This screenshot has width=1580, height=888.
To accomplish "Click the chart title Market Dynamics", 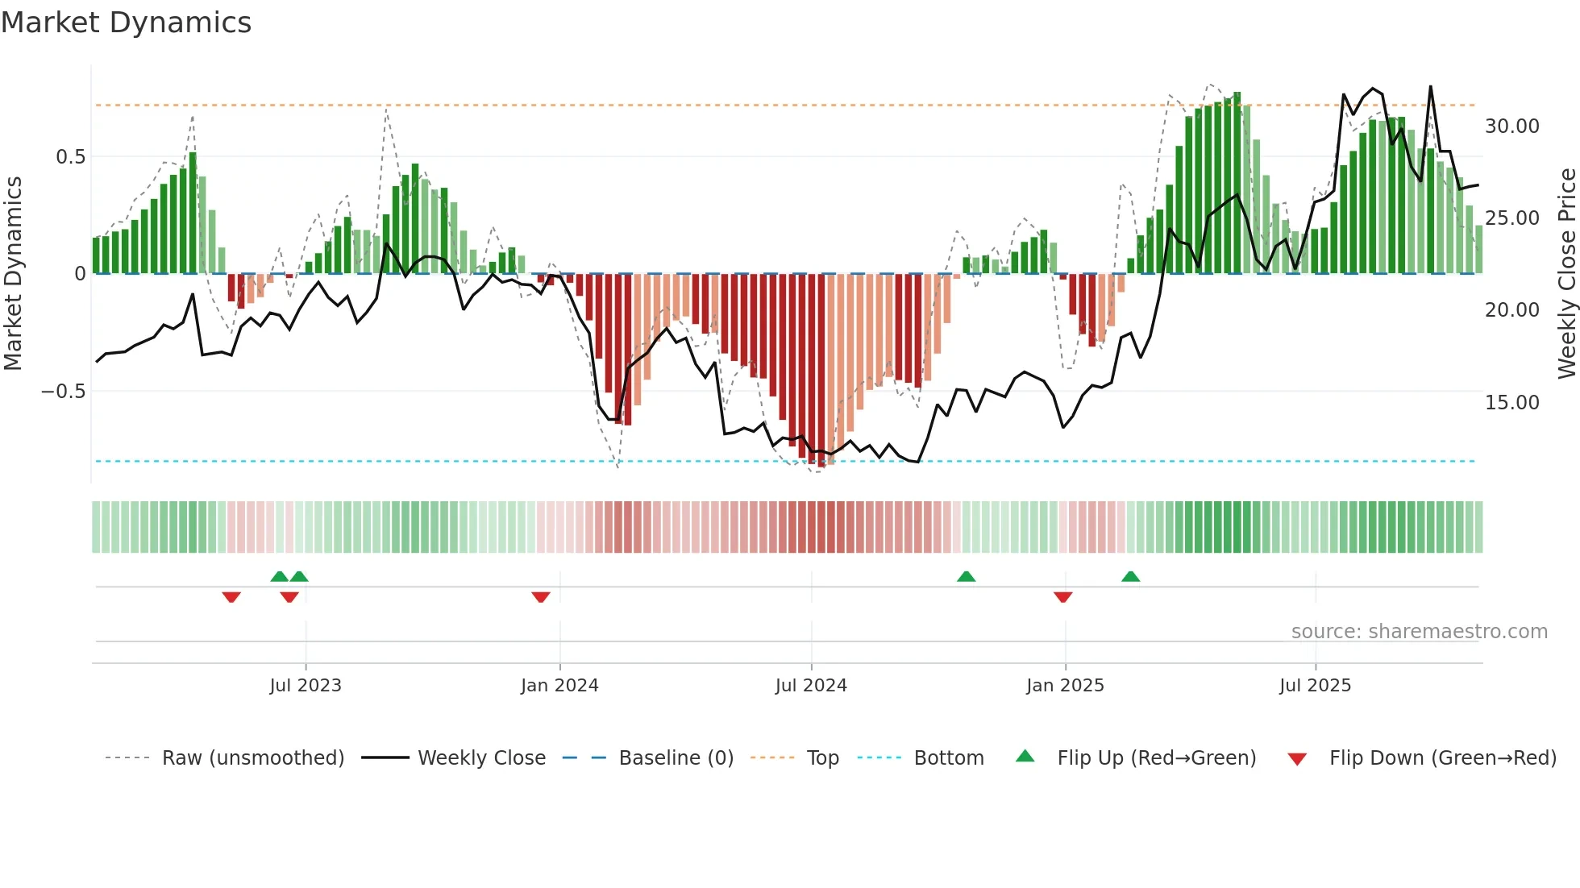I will tap(127, 23).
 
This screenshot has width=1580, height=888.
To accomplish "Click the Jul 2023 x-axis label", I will tap(306, 686).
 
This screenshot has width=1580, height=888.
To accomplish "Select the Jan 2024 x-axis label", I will tap(559, 686).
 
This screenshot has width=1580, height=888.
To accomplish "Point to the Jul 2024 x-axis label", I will tap(811, 686).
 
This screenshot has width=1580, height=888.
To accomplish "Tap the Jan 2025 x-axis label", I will tap(1065, 686).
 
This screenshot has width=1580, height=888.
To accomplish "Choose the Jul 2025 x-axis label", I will tap(1315, 686).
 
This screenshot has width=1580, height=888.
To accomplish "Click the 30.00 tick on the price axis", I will tap(1511, 127).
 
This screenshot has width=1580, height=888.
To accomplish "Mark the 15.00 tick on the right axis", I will tap(1511, 403).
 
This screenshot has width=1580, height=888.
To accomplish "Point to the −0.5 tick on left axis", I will tap(63, 392).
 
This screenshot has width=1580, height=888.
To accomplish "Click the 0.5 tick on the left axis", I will tap(70, 157).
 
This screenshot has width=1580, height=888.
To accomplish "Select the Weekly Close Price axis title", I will tap(1566, 273).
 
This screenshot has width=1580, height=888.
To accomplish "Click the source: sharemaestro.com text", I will tap(1419, 632).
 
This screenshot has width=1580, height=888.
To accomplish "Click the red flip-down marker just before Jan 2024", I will tap(541, 597).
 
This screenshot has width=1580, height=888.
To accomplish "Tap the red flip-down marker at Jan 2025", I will tap(1062, 597).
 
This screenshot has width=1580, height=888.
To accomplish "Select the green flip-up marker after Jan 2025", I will tap(1130, 576).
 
